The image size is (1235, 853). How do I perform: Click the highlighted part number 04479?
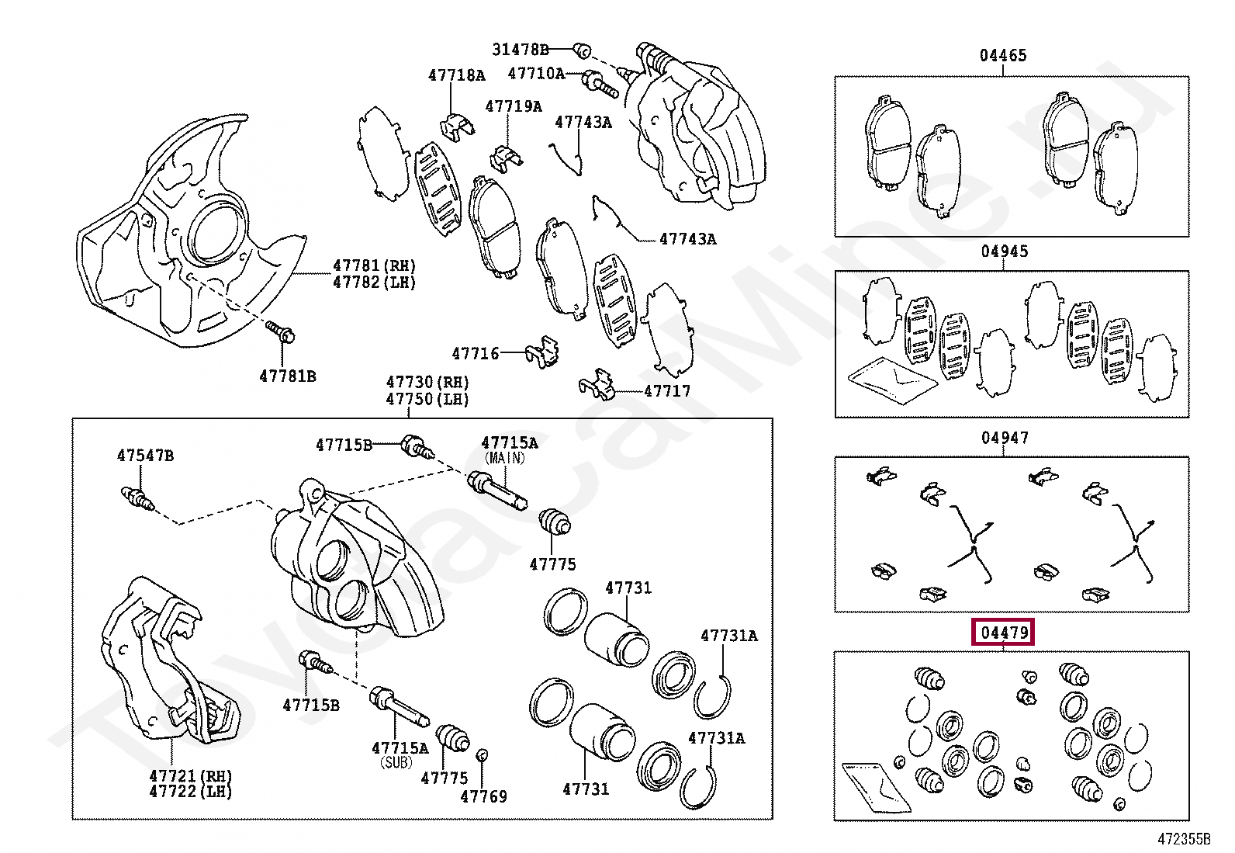pyautogui.click(x=1004, y=633)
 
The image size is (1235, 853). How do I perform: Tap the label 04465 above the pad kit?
pyautogui.click(x=1002, y=55)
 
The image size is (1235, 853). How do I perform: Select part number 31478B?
pyautogui.click(x=520, y=50)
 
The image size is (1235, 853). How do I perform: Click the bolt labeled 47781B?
pyautogui.click(x=280, y=333)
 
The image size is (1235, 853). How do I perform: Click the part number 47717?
pyautogui.click(x=667, y=391)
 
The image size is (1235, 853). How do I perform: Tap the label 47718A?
pyautogui.click(x=456, y=75)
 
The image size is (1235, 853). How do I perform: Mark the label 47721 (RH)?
pyautogui.click(x=190, y=775)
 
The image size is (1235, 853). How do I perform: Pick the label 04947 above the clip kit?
pyautogui.click(x=1004, y=438)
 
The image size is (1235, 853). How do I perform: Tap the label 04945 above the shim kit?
pyautogui.click(x=1004, y=251)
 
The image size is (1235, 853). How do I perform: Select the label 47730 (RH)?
pyautogui.click(x=427, y=383)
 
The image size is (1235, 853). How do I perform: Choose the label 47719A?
pyautogui.click(x=514, y=106)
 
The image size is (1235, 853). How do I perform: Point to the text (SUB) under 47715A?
pyautogui.click(x=399, y=762)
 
